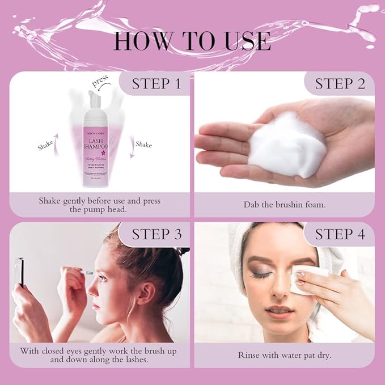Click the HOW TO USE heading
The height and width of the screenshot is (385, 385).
pyautogui.click(x=192, y=41)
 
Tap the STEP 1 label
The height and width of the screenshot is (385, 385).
pyautogui.click(x=156, y=84)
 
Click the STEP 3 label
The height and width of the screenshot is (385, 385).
pyautogui.click(x=156, y=234)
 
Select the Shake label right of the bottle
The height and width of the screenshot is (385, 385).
pyautogui.click(x=143, y=145)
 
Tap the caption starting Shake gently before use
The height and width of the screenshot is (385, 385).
pyautogui.click(x=100, y=205)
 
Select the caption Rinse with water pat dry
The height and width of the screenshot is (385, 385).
pyautogui.click(x=284, y=356)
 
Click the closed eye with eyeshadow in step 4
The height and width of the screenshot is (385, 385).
pyautogui.click(x=263, y=274)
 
